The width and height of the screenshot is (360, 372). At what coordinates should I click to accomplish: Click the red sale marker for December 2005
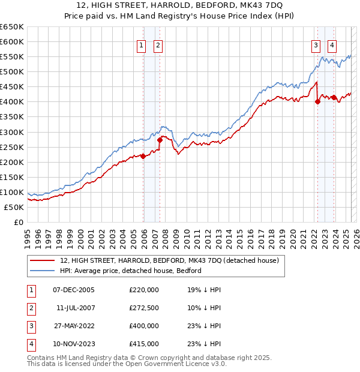click(143, 156)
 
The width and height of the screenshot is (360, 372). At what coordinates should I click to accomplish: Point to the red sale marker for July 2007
click(160, 140)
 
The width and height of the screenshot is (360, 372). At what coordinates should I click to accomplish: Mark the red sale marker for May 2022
click(318, 101)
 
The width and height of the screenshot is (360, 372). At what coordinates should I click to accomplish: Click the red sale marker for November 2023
click(334, 97)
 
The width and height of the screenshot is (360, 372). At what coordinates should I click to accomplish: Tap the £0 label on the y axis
click(17, 223)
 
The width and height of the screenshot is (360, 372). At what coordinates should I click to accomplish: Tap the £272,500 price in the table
click(144, 308)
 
